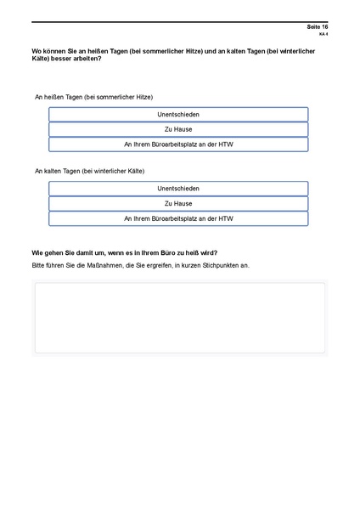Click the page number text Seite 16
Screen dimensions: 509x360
tap(318, 28)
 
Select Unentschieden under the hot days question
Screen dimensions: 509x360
tap(178, 114)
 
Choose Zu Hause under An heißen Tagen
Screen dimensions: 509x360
tap(178, 129)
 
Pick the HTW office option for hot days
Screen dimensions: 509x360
tap(178, 144)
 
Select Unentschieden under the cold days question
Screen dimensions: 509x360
tap(178, 189)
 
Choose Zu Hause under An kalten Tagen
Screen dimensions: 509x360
tap(178, 204)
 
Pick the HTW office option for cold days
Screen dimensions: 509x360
tap(178, 218)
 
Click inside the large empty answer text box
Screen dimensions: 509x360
tap(179, 317)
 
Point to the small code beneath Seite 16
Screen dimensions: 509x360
tap(323, 35)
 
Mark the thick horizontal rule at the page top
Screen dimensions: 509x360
tap(179, 22)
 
